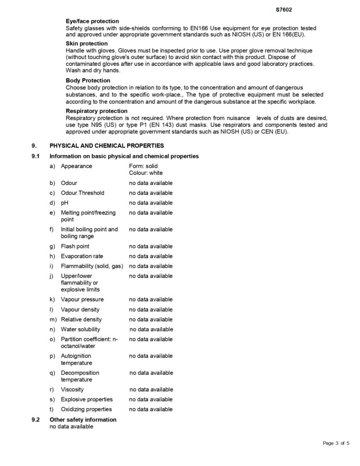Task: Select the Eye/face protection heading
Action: pos(92,21)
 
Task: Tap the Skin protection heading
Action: pos(86,43)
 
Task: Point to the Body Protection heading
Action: pos(88,81)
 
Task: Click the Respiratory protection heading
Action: pos(96,111)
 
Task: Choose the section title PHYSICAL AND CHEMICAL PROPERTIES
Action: pos(106,146)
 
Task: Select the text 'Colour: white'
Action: pos(146,173)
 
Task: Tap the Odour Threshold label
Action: pos(82,193)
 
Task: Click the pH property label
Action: pos(65,203)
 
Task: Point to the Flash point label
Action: pos(75,246)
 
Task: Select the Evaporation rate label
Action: pos(82,256)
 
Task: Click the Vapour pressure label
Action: pos(82,299)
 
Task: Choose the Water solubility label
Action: pos(81,329)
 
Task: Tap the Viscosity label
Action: pos(72,390)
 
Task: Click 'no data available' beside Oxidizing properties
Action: pos(151,410)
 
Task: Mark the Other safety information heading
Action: pos(83,420)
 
